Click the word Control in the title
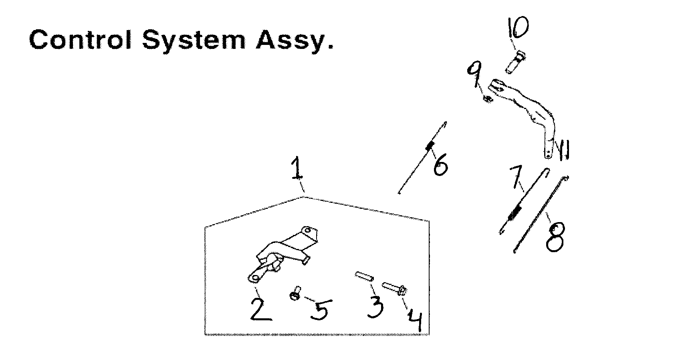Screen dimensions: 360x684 80,40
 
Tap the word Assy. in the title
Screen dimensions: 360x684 295,41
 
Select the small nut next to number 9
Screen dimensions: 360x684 487,98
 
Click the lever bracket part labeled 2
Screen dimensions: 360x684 280,257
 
